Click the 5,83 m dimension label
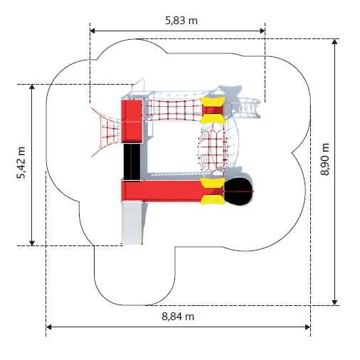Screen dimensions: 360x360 tap(181, 21)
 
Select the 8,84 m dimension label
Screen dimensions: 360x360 tap(178, 317)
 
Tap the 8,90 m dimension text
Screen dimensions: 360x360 tap(324, 159)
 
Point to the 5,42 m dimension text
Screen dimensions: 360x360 tap(21, 163)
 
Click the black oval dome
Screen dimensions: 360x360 tap(238, 191)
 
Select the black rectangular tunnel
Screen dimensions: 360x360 tap(132, 163)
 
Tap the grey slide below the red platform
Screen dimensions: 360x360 tap(132, 223)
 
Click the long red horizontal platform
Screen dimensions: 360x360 tap(162, 191)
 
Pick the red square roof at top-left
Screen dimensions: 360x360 tap(132, 121)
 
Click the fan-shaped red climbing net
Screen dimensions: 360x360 tap(107, 132)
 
